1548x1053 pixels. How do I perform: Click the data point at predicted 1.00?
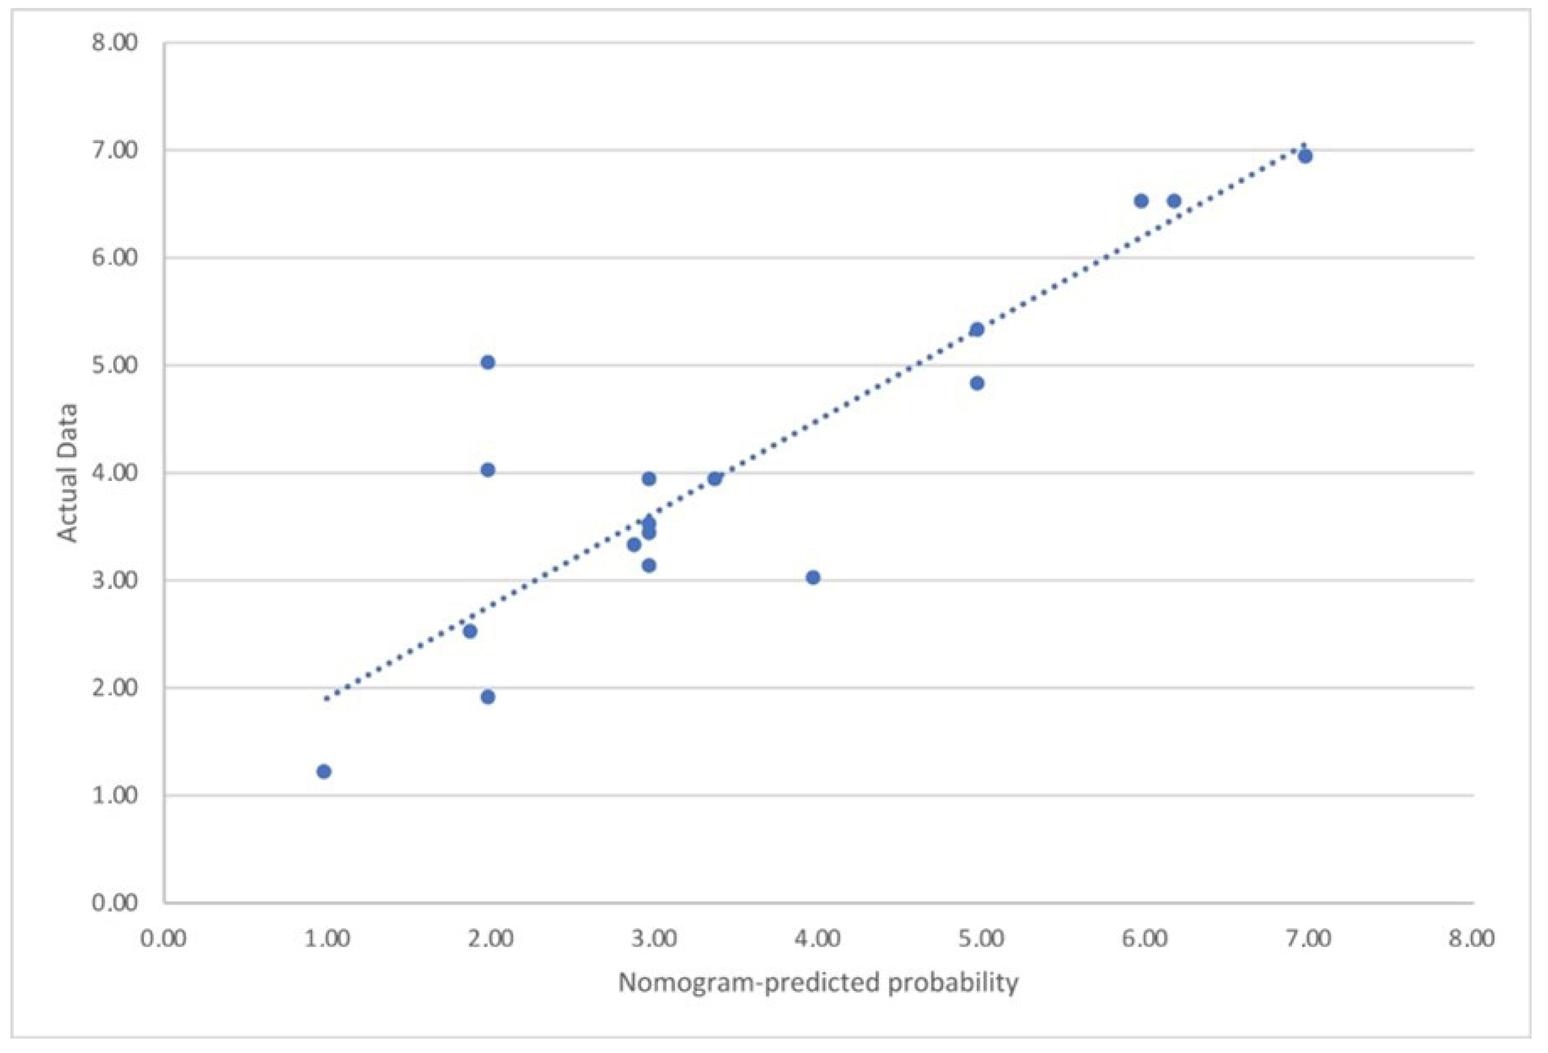[x=324, y=771]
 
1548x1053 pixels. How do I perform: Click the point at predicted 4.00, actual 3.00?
[x=813, y=577]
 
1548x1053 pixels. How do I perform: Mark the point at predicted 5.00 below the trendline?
[x=977, y=383]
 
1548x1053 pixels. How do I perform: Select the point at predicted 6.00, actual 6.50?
[x=1141, y=200]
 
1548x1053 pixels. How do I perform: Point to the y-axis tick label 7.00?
[x=114, y=151]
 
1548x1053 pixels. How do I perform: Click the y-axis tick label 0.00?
[x=114, y=903]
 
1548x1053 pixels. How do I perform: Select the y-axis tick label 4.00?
[x=114, y=473]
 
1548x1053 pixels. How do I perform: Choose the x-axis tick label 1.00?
[x=326, y=939]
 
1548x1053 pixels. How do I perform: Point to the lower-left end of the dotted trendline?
[x=326, y=699]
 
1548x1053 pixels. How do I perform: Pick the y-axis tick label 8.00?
[x=114, y=43]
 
